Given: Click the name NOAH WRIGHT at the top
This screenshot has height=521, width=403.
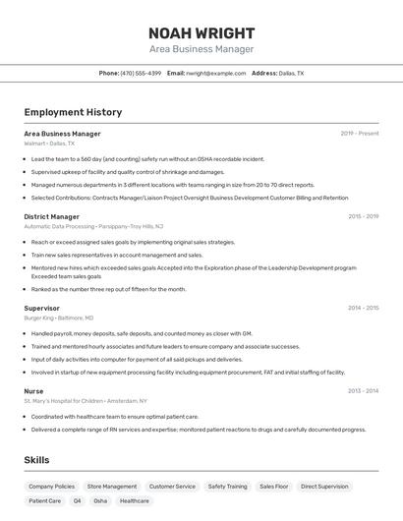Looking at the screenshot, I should pyautogui.click(x=201, y=33).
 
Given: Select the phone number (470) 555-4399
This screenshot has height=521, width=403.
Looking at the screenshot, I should pyautogui.click(x=141, y=73).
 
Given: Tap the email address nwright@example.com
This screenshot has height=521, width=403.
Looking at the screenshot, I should pyautogui.click(x=216, y=73).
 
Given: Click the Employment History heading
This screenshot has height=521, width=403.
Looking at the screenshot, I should pyautogui.click(x=73, y=113).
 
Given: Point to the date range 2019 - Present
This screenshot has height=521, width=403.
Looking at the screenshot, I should pyautogui.click(x=360, y=134).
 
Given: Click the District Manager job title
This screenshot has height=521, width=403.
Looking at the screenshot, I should pyautogui.click(x=52, y=216).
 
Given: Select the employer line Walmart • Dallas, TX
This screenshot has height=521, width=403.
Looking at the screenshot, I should pyautogui.click(x=49, y=144).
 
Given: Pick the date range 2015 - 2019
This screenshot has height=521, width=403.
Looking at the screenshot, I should pyautogui.click(x=363, y=216).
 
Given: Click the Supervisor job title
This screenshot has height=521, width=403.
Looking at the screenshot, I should pyautogui.click(x=42, y=308).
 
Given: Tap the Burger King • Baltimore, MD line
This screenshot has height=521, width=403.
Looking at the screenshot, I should pyautogui.click(x=59, y=318).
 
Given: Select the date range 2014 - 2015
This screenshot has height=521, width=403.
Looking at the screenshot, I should pyautogui.click(x=363, y=308).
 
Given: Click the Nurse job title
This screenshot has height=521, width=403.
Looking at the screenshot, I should pyautogui.click(x=33, y=390).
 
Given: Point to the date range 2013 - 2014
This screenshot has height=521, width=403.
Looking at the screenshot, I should pyautogui.click(x=363, y=390).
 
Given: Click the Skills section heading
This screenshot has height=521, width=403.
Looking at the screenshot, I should pyautogui.click(x=37, y=460).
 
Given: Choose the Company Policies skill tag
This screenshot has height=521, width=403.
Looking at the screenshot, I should pyautogui.click(x=51, y=486).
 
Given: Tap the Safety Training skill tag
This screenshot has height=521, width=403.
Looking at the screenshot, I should pyautogui.click(x=227, y=486).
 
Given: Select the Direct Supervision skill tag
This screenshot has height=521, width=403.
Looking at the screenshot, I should pyautogui.click(x=324, y=486).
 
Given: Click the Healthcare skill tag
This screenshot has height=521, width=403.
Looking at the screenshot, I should pyautogui.click(x=135, y=500).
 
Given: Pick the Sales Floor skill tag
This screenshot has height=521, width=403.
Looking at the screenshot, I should pyautogui.click(x=274, y=486).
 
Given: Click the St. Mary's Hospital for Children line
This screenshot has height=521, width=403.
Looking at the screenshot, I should pyautogui.click(x=86, y=401).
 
